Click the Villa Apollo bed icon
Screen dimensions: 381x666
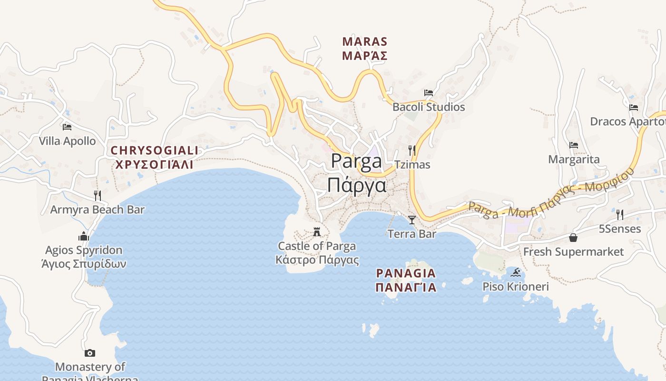tap(67, 127)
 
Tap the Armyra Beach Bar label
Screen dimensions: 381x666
tap(98, 210)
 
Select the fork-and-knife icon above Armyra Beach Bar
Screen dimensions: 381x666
tap(98, 195)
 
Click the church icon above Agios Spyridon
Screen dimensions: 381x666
tap(84, 236)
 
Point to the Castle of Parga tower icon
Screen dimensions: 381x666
tap(317, 232)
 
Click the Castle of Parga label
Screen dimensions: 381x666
tap(317, 246)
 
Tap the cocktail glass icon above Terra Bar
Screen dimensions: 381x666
tap(412, 220)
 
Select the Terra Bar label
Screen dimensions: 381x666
tap(412, 234)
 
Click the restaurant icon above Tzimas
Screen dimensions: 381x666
tap(412, 150)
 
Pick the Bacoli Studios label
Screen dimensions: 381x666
tap(429, 107)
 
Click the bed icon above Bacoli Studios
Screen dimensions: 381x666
tap(429, 92)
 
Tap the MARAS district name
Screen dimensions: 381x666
tap(365, 42)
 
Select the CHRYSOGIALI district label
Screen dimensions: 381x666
tap(155, 151)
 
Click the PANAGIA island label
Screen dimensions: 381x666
tap(406, 273)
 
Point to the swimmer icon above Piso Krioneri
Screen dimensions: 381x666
tap(516, 273)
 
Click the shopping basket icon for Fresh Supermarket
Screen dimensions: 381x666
tap(573, 237)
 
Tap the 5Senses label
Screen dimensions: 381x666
tap(620, 229)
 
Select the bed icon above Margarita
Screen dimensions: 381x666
tap(574, 145)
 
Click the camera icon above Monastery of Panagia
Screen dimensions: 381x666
tap(90, 353)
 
